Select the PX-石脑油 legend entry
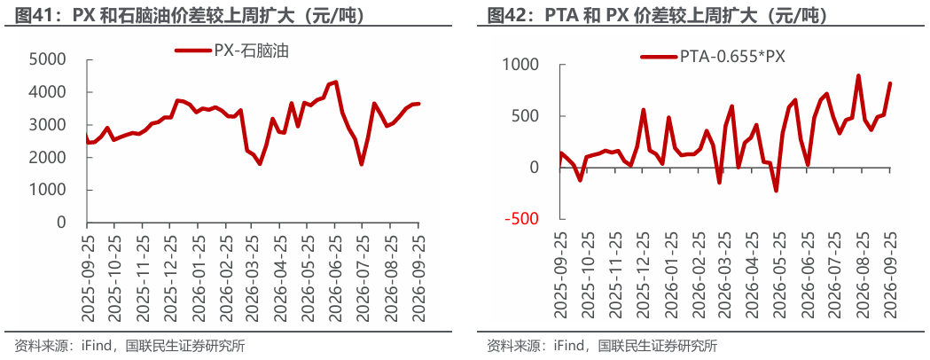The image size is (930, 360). coord(231,51)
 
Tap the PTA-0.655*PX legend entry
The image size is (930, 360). coord(713,57)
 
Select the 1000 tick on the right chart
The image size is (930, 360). coord(520,64)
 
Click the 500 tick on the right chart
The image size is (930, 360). coord(525,116)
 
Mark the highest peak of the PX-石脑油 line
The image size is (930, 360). coord(336,82)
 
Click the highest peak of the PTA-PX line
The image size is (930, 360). coord(858,76)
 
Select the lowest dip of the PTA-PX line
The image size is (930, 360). coord(775,191)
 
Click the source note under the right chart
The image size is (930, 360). coord(601,346)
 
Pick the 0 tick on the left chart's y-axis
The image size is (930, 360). coord(62,223)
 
